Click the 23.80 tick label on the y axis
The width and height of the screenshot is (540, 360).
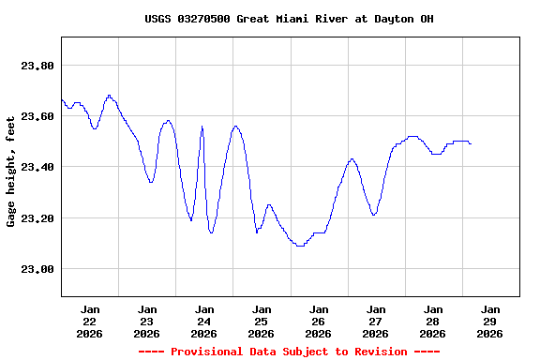37,66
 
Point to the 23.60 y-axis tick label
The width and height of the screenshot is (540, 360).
37,116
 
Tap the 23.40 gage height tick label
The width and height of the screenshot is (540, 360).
37,167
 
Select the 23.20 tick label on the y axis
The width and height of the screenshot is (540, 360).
37,218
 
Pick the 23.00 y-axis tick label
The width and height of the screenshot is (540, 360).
37,269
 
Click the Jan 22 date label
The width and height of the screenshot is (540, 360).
90,321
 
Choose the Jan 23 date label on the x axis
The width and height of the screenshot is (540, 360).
147,321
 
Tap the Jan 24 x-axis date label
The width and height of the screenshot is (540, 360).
204,321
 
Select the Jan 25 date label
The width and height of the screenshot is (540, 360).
262,321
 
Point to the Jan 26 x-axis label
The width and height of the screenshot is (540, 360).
319,321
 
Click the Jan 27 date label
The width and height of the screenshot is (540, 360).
375,321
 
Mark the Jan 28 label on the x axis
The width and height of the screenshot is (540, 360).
432,321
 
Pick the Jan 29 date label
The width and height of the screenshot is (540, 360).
489,321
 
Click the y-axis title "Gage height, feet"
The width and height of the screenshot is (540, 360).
11,171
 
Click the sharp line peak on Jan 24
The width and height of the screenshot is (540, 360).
202,127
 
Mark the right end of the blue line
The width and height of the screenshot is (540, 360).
471,143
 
